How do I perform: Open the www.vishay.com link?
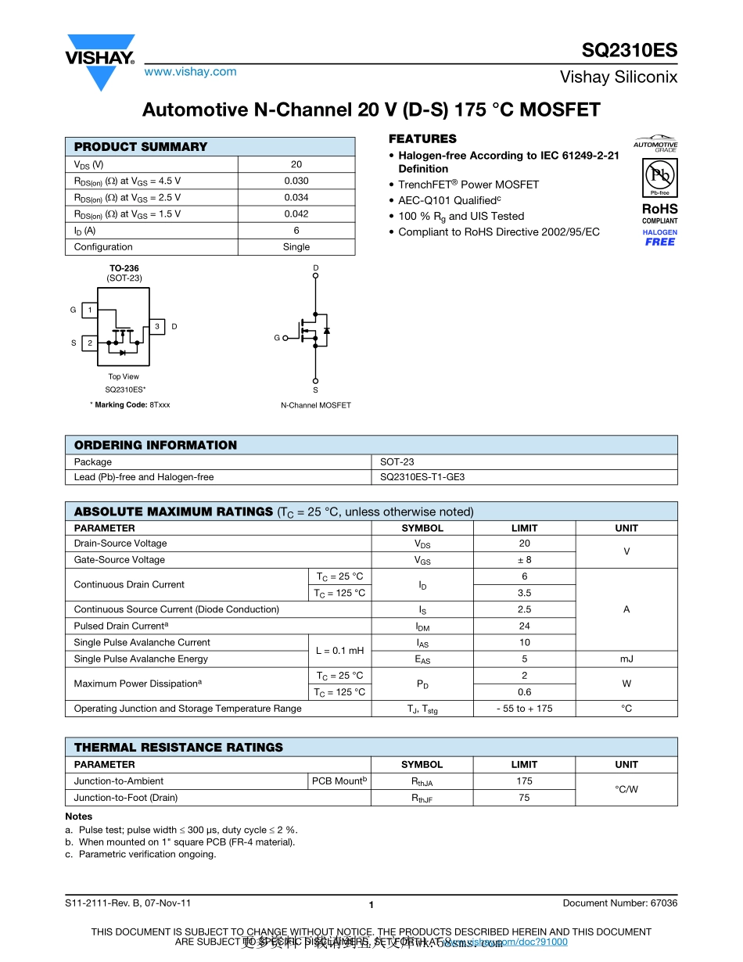(190, 72)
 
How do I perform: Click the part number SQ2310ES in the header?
(629, 51)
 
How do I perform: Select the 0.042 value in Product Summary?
(296, 214)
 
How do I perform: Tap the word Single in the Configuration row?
(296, 247)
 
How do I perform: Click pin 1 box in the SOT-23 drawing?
(89, 310)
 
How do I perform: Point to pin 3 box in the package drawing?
(156, 326)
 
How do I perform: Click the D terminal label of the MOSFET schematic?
(316, 268)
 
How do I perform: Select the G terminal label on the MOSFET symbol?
(277, 338)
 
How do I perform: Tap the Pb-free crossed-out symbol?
(659, 176)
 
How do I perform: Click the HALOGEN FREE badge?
(659, 238)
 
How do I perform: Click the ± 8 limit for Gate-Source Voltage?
(524, 560)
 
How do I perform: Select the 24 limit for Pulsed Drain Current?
(524, 626)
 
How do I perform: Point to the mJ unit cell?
(626, 659)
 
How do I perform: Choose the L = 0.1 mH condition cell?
(339, 651)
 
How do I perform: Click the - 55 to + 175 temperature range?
(524, 709)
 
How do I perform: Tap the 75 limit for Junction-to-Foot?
(524, 798)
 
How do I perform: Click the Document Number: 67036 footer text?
(619, 903)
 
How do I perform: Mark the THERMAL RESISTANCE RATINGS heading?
(178, 748)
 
